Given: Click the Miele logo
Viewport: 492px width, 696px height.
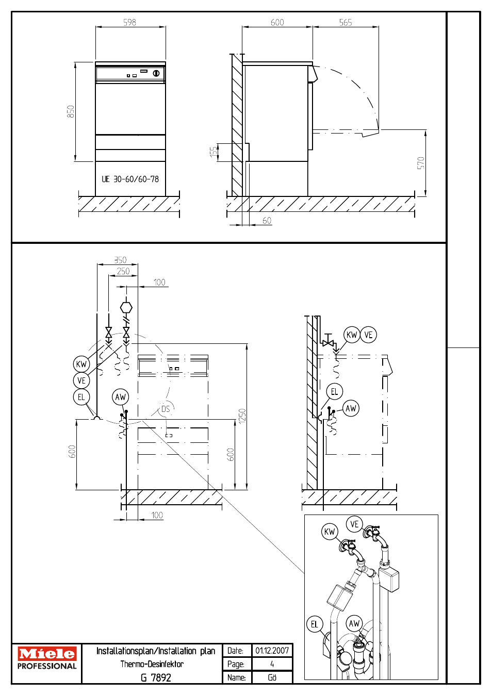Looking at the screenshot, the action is [46, 653].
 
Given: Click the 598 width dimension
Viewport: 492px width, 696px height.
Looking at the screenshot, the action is [129, 22].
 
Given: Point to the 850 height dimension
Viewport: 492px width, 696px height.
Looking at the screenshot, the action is [71, 111].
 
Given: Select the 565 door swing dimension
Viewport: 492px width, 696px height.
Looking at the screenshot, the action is [346, 22].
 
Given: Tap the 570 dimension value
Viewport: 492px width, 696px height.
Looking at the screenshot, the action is [420, 163].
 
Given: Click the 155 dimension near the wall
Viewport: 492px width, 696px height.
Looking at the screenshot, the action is [214, 152].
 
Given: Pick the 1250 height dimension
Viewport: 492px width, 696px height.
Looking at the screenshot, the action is [242, 416].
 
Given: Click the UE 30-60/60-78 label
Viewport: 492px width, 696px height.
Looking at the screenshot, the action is [130, 179].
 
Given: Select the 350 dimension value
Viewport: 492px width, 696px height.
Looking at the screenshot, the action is [120, 260].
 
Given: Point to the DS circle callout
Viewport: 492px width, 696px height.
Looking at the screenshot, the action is [166, 409].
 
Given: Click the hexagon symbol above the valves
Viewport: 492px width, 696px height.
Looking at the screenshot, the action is [126, 308].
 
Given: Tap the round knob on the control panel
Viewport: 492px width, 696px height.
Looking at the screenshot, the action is [156, 73].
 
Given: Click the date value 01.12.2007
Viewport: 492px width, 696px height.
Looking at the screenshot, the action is [272, 650].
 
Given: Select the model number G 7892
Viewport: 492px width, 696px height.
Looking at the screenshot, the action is [156, 677].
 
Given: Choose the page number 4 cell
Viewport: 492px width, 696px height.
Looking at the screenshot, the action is [272, 664].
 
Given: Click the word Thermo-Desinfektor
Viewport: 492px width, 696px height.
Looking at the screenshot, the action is [152, 664].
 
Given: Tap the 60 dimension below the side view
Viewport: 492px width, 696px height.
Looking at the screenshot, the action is [267, 220].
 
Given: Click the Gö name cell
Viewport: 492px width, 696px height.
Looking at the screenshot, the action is [272, 677].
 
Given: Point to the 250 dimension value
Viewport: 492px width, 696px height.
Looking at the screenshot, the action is [123, 271].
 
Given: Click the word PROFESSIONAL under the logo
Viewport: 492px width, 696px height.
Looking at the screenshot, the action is [47, 666].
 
